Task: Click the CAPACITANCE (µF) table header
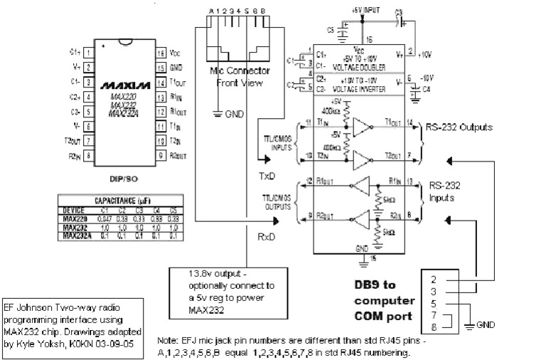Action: [124, 201]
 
